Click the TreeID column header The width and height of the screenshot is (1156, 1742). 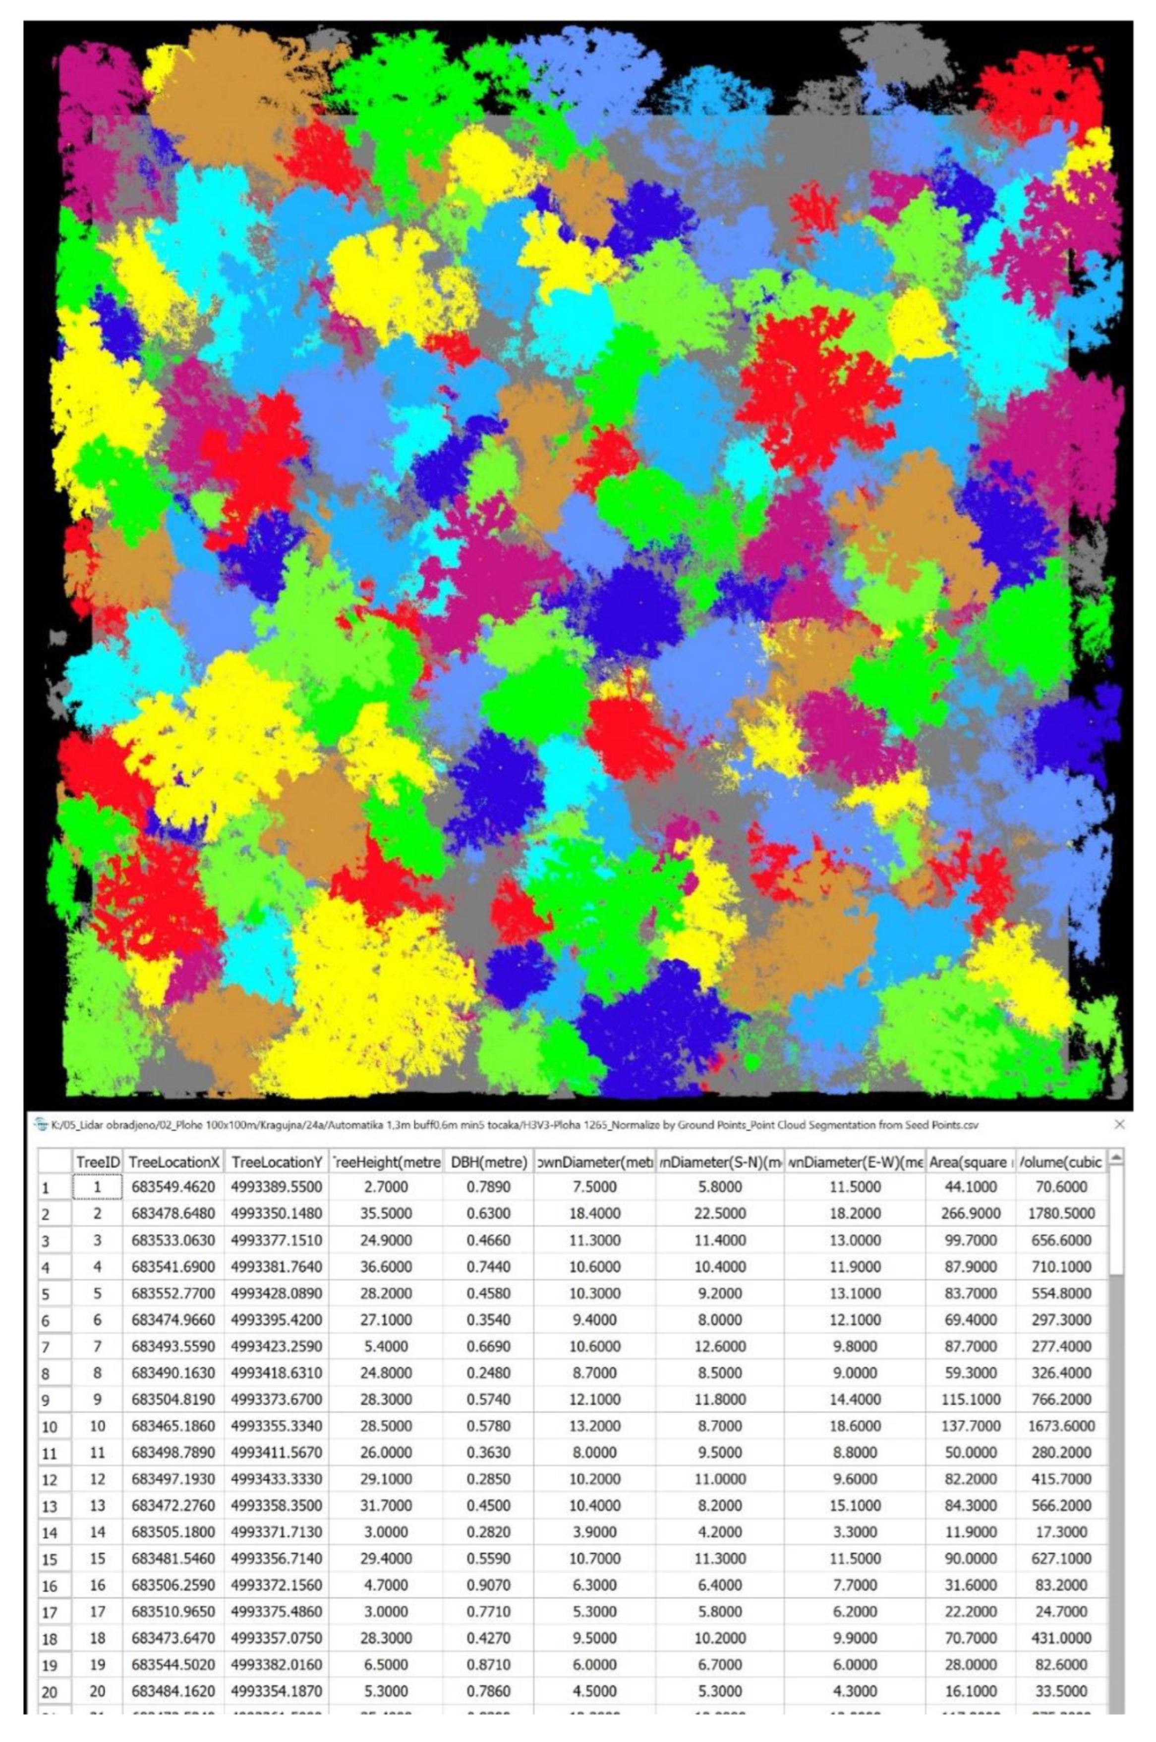coord(97,1162)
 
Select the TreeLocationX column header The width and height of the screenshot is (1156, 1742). coord(174,1162)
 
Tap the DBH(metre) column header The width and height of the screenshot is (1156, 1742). coord(488,1162)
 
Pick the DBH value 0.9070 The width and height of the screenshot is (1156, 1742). coord(488,1585)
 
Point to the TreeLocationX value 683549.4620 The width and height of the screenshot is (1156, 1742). coord(174,1187)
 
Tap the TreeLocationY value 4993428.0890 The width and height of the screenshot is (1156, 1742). coord(277,1293)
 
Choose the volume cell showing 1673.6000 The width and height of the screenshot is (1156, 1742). coord(1061,1426)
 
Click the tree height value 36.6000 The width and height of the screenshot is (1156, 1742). coord(386,1267)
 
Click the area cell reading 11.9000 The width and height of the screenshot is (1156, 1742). coord(970,1532)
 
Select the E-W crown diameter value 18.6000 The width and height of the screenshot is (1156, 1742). coord(855,1426)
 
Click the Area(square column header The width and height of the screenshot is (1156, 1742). coord(970,1162)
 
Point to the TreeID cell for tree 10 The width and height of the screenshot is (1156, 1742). coord(97,1426)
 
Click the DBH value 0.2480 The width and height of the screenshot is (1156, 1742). coord(488,1373)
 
